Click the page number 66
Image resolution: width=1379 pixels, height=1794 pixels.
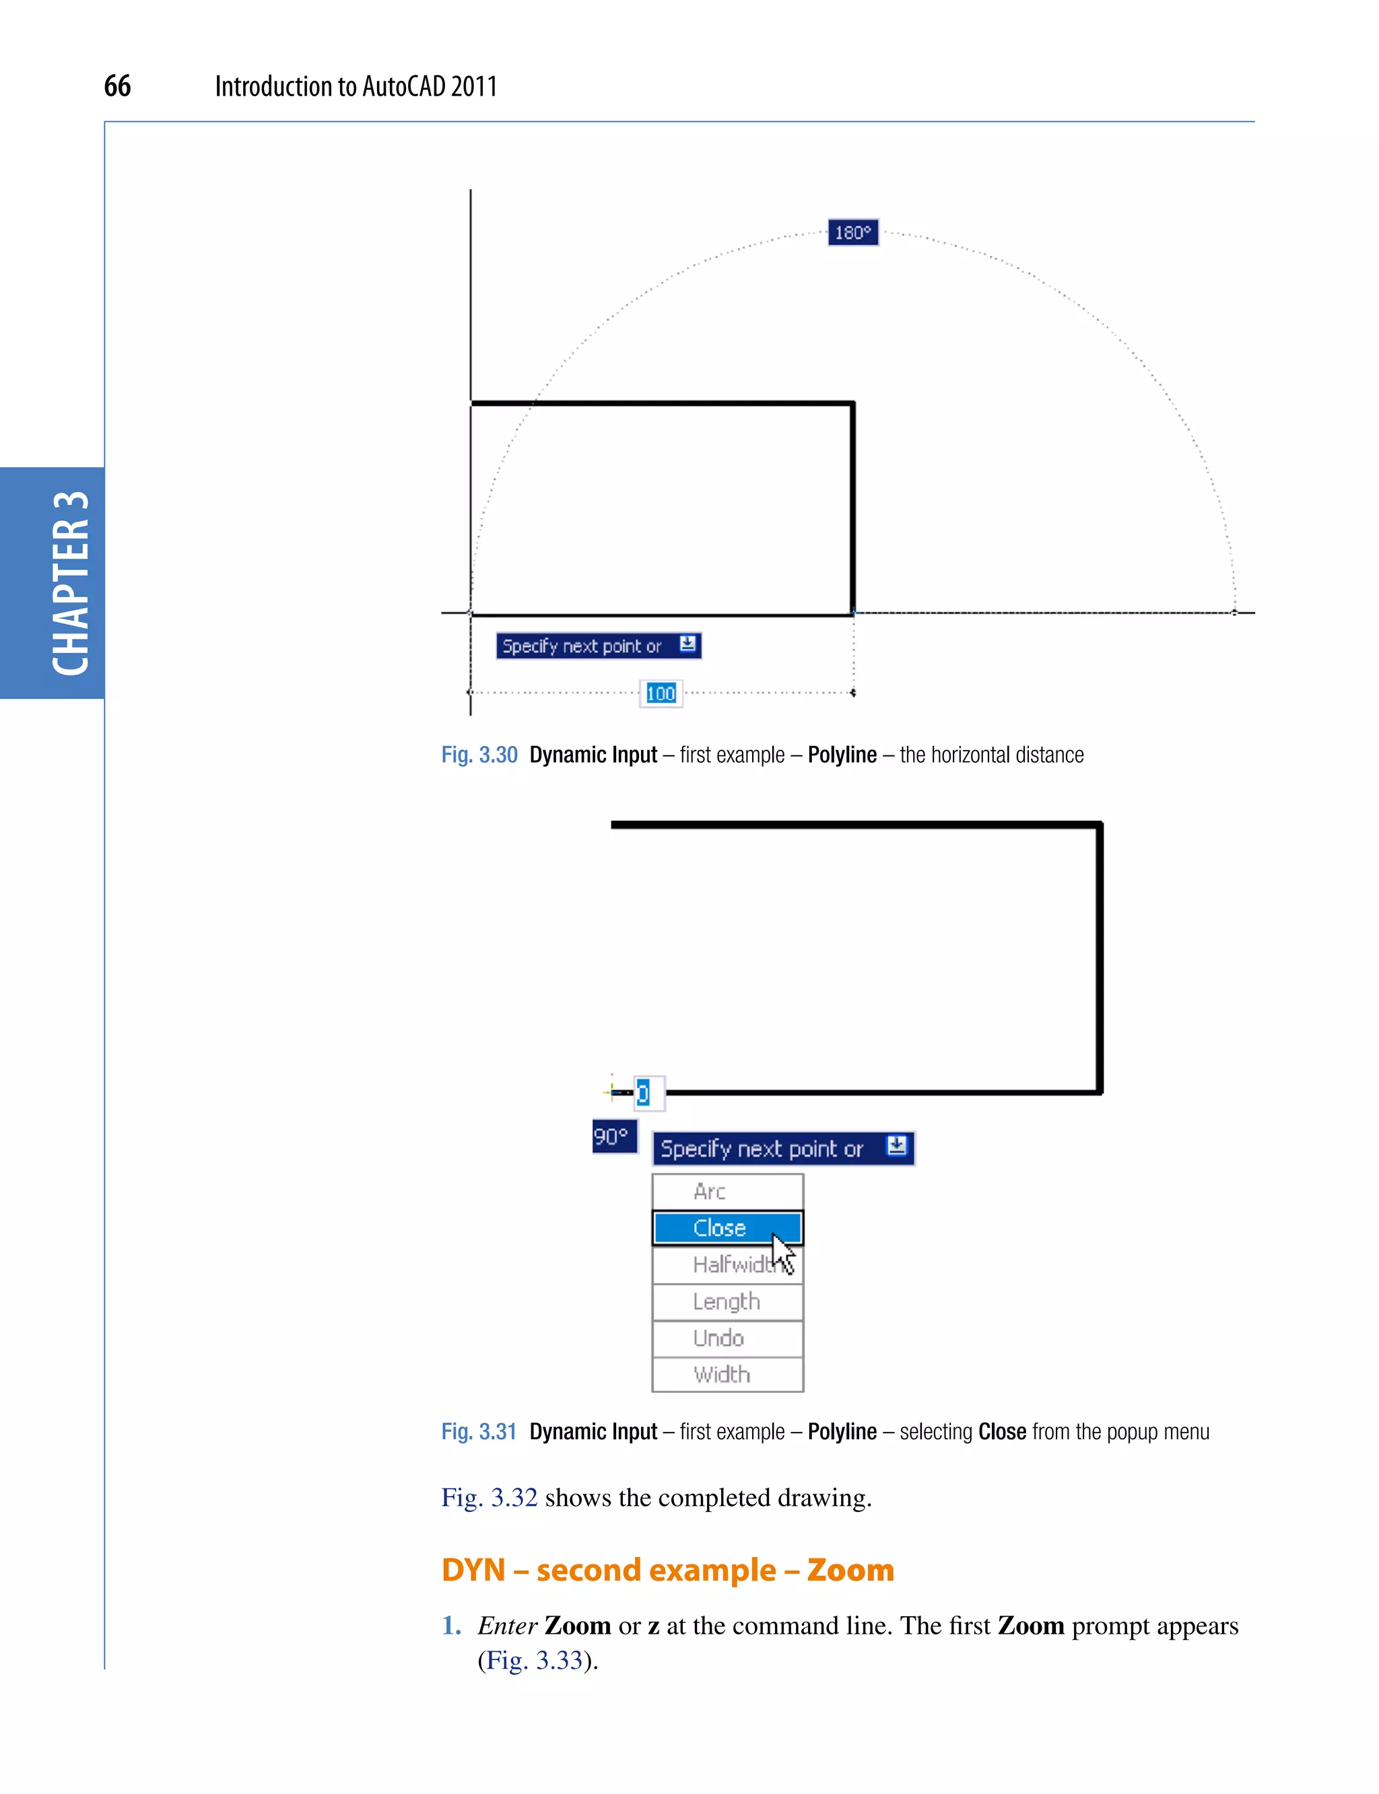(116, 86)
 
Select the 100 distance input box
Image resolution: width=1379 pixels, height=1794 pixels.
(661, 693)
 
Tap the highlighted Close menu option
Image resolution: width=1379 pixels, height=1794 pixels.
(719, 1228)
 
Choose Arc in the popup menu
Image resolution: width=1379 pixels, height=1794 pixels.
(710, 1191)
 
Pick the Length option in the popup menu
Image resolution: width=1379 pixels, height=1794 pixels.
(727, 1302)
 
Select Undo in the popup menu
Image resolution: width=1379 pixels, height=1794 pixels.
(718, 1338)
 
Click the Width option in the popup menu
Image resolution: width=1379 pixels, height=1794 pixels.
(722, 1375)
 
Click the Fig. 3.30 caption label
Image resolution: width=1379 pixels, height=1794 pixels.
(479, 755)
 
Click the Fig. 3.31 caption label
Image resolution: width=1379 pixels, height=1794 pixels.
(479, 1432)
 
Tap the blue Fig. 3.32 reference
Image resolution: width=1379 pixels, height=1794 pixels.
(490, 1498)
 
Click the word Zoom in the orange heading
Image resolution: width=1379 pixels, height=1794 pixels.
(850, 1570)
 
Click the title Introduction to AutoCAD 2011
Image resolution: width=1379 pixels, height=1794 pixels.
(356, 86)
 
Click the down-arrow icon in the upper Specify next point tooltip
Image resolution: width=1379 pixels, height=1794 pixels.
(688, 644)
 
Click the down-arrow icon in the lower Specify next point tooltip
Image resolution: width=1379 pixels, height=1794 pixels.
(896, 1146)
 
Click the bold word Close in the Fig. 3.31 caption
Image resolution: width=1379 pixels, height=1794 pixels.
(1001, 1432)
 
